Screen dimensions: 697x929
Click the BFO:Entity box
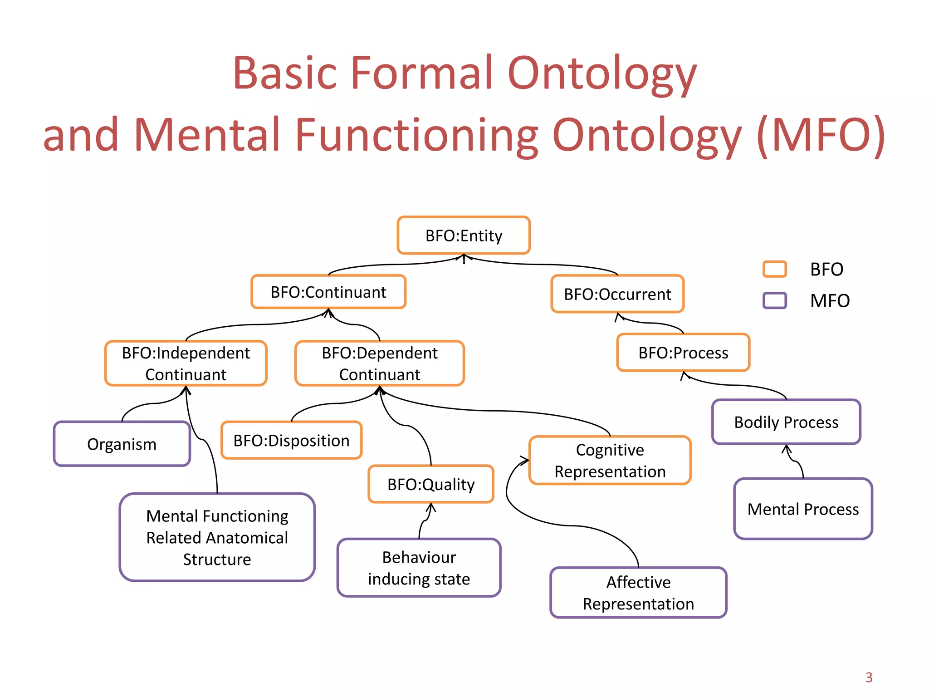point(464,236)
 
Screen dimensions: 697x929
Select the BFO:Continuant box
point(328,292)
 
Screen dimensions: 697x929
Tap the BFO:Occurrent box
point(617,294)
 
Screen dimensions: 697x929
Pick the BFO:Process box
point(683,353)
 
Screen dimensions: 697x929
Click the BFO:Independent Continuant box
point(186,363)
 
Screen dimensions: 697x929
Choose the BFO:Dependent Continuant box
point(380,363)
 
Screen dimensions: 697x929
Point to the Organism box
point(122,444)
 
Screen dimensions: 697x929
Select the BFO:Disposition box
point(291,440)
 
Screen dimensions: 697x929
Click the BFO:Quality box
point(431,484)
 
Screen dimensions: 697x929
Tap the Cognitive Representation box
point(610,461)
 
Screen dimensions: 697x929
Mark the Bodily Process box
point(786,422)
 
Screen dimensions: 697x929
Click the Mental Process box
point(803,509)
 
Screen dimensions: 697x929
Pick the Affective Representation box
point(638,593)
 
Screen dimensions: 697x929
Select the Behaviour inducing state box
point(419,568)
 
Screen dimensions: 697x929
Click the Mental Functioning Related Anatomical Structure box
point(217,537)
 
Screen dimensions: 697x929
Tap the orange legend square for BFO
point(774,269)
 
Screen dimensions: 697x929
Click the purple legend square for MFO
point(774,300)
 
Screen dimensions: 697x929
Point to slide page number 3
point(869,677)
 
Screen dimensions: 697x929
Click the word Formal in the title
point(422,73)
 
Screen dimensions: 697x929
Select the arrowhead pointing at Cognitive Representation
point(525,460)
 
